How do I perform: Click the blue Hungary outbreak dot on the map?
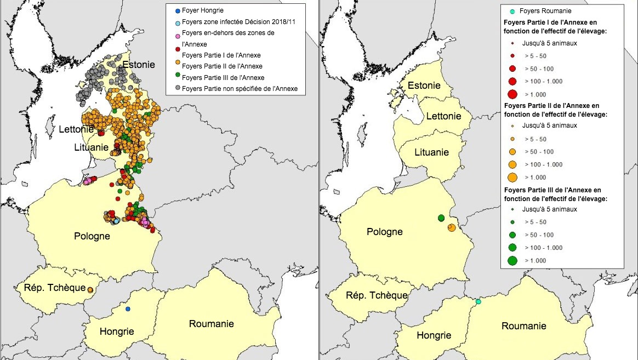click(x=128, y=309)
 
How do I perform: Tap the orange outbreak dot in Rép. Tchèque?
click(x=89, y=289)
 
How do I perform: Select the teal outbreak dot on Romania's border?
click(x=478, y=302)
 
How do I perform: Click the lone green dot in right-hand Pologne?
click(x=441, y=218)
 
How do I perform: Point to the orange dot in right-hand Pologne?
click(x=452, y=227)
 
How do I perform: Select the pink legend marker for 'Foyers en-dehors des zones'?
click(x=176, y=36)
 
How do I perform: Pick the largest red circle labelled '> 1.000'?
click(x=512, y=94)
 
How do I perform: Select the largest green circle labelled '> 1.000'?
click(x=512, y=261)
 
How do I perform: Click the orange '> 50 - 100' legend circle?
click(x=512, y=152)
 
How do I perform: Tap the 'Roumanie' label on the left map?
click(x=211, y=324)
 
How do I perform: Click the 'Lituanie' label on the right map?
click(x=431, y=152)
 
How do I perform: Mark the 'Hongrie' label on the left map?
click(x=117, y=332)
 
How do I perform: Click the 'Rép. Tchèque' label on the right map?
click(x=377, y=295)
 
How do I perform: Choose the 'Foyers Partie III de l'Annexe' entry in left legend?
click(x=223, y=78)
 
